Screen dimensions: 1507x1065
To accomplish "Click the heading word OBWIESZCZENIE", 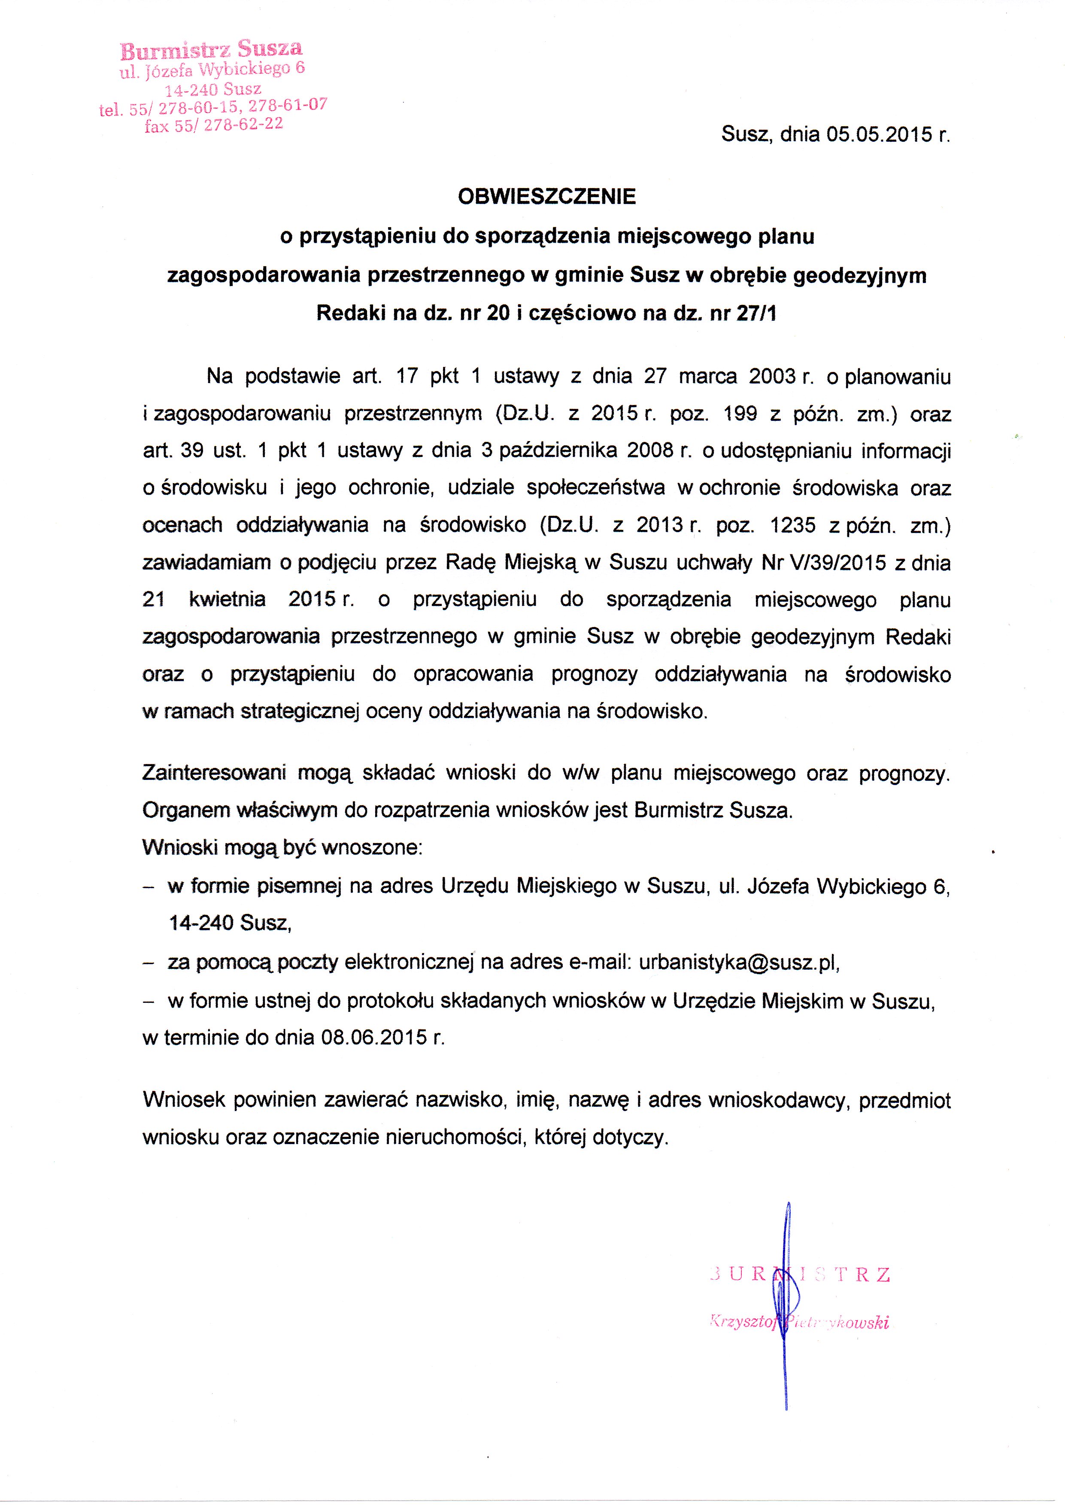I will point(546,196).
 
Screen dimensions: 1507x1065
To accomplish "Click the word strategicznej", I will point(300,712).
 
